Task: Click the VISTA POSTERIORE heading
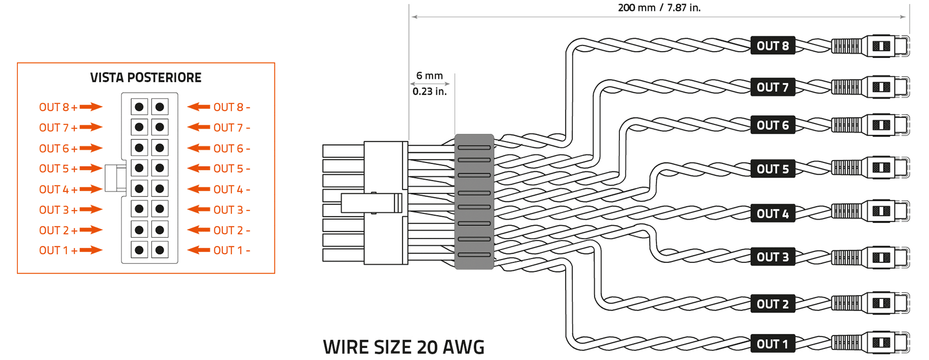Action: pos(146,77)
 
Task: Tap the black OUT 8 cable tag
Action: pos(773,46)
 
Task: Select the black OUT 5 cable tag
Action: pos(773,169)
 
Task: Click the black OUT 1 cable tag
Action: pos(773,344)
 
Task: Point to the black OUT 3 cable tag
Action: pos(773,257)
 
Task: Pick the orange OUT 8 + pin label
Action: pos(58,107)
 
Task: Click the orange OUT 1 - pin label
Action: pos(232,251)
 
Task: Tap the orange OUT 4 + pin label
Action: pos(58,190)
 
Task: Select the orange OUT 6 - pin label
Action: pos(232,149)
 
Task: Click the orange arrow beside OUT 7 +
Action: pos(91,127)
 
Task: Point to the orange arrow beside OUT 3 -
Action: pos(198,210)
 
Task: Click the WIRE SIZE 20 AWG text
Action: pos(404,347)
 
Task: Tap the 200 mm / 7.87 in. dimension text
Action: pos(659,8)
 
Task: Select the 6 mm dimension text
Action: pos(430,76)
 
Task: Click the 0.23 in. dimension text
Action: pos(430,91)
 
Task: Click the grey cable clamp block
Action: pos(474,201)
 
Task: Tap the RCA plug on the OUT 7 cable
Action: pos(871,87)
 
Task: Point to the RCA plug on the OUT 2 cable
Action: pos(871,303)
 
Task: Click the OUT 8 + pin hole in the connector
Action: pos(139,107)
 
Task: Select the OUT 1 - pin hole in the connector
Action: pos(160,250)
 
